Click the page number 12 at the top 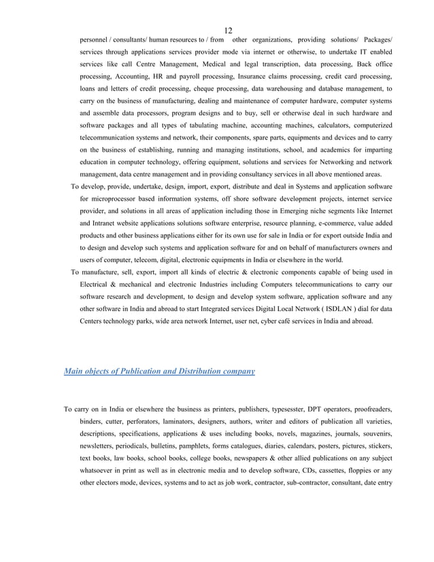point(228,30)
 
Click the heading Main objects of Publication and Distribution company point(159,371)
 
